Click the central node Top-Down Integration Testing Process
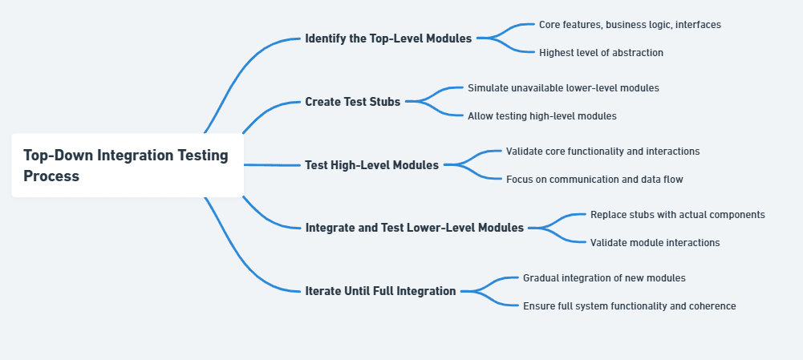(127, 165)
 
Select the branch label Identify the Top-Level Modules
(388, 38)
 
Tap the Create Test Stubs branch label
(352, 101)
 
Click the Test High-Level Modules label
(371, 165)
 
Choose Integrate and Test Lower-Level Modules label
(414, 228)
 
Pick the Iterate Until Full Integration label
(380, 291)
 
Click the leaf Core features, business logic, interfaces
(629, 25)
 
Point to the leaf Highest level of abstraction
(601, 53)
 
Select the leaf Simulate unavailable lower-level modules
(563, 87)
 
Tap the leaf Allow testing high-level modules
(541, 115)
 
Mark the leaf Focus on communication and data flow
(594, 180)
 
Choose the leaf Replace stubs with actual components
(677, 214)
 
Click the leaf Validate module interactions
(655, 242)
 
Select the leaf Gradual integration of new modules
(604, 277)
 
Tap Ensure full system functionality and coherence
(629, 305)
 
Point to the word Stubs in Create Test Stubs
(385, 101)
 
